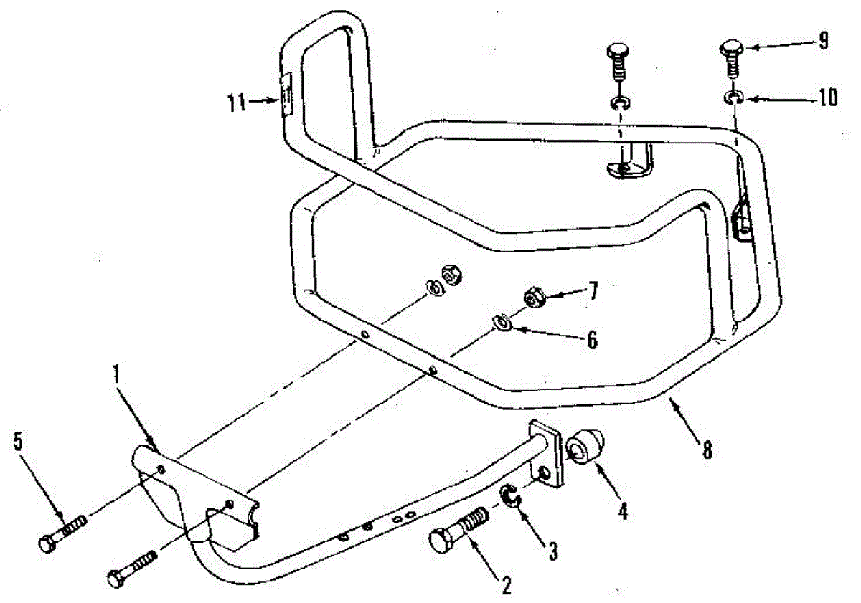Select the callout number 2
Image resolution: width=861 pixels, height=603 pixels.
click(x=507, y=586)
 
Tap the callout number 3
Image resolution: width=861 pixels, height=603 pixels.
click(x=552, y=551)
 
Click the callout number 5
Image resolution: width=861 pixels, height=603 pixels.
click(x=18, y=442)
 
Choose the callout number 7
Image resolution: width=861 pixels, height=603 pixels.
click(x=593, y=291)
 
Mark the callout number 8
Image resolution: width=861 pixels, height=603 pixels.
click(x=707, y=450)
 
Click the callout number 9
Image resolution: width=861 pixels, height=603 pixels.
click(x=823, y=41)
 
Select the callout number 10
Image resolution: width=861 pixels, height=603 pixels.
click(x=828, y=98)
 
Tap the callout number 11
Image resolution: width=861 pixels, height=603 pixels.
click(x=237, y=103)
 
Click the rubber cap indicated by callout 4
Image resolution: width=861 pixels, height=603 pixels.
click(x=585, y=445)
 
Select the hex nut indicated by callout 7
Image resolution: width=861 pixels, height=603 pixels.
click(x=534, y=298)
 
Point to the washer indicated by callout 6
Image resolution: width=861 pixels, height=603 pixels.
click(x=502, y=322)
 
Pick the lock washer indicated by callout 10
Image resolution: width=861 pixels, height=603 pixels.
click(x=733, y=98)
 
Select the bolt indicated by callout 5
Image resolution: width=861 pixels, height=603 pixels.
click(x=63, y=534)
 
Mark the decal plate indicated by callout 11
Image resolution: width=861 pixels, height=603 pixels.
click(x=286, y=95)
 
